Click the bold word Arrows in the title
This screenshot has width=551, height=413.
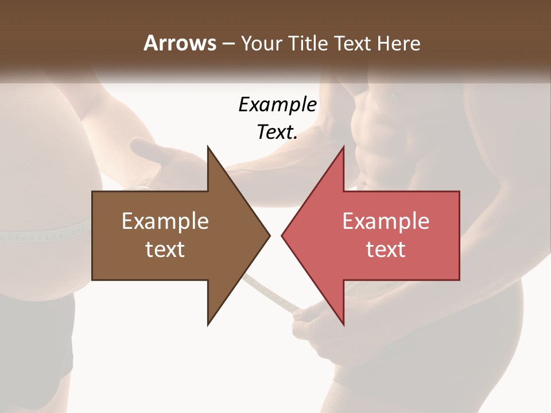179,43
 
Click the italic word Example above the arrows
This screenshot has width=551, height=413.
277,104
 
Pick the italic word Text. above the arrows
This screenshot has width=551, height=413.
277,132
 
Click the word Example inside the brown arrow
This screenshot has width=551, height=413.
165,221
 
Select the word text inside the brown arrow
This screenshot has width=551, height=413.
165,250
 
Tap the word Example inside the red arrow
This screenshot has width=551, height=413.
386,221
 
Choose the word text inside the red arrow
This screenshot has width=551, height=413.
386,250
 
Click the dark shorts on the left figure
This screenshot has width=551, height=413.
34,344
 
